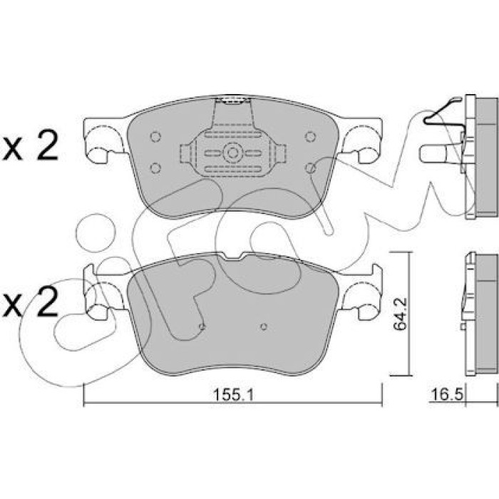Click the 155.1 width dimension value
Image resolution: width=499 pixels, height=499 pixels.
tap(232, 395)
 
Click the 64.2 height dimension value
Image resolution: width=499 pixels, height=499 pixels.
tap(400, 314)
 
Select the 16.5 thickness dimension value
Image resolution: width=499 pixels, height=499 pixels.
tap(446, 395)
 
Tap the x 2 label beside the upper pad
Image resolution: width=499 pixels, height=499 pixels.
tap(30, 145)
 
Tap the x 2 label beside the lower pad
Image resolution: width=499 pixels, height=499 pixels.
tap(30, 302)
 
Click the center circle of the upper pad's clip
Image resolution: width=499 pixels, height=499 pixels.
tap(232, 153)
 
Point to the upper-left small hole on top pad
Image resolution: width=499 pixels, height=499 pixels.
tap(155, 137)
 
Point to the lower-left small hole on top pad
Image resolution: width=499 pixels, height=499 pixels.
tap(155, 168)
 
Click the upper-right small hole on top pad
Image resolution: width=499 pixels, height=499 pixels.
tap(310, 137)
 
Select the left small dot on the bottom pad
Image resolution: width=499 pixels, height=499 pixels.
tap(202, 326)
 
